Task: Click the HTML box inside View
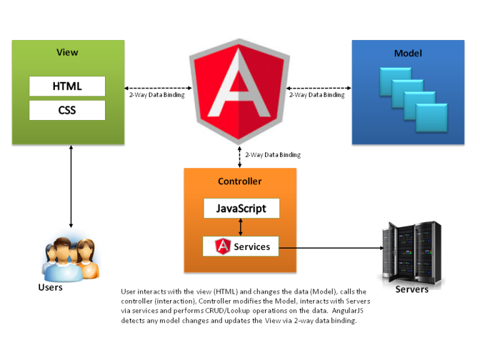(x=67, y=86)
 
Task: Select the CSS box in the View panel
(x=67, y=111)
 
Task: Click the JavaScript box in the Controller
(x=241, y=208)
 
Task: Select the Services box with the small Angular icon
(x=241, y=246)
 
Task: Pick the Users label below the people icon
(x=51, y=287)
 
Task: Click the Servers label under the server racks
(x=412, y=289)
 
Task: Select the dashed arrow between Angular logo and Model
(x=319, y=87)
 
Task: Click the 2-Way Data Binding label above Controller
(x=272, y=154)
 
